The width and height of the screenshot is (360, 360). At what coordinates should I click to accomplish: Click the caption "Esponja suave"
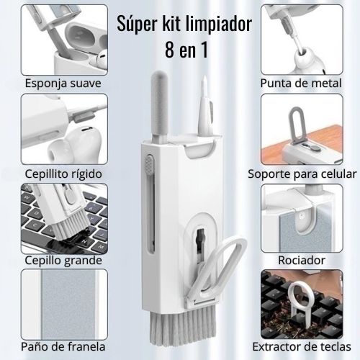pos(63,84)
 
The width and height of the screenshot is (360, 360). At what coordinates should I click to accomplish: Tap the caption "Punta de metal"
pos(301,84)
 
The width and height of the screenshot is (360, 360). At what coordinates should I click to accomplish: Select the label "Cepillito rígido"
pos(63,174)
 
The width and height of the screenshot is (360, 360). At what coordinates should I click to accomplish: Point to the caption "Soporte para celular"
pos(302,174)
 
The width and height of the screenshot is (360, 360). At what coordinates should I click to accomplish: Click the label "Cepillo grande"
pos(63,260)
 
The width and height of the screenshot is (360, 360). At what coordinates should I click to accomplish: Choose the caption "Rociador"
pos(302,260)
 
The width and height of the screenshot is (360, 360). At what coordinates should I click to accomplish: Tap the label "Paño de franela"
pos(63,346)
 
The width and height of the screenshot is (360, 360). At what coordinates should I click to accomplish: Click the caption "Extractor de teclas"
pos(302,346)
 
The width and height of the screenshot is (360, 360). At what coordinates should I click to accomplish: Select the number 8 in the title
pos(169,50)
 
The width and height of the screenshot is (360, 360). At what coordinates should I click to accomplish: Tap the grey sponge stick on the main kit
pos(159,106)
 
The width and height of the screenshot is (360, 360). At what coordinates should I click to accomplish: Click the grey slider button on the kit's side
pos(149,164)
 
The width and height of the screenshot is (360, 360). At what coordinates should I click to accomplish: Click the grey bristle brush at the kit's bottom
pos(182,325)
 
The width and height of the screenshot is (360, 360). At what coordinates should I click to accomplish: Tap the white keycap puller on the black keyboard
pos(298,301)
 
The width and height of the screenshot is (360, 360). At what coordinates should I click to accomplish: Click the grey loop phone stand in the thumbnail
pos(297,126)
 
